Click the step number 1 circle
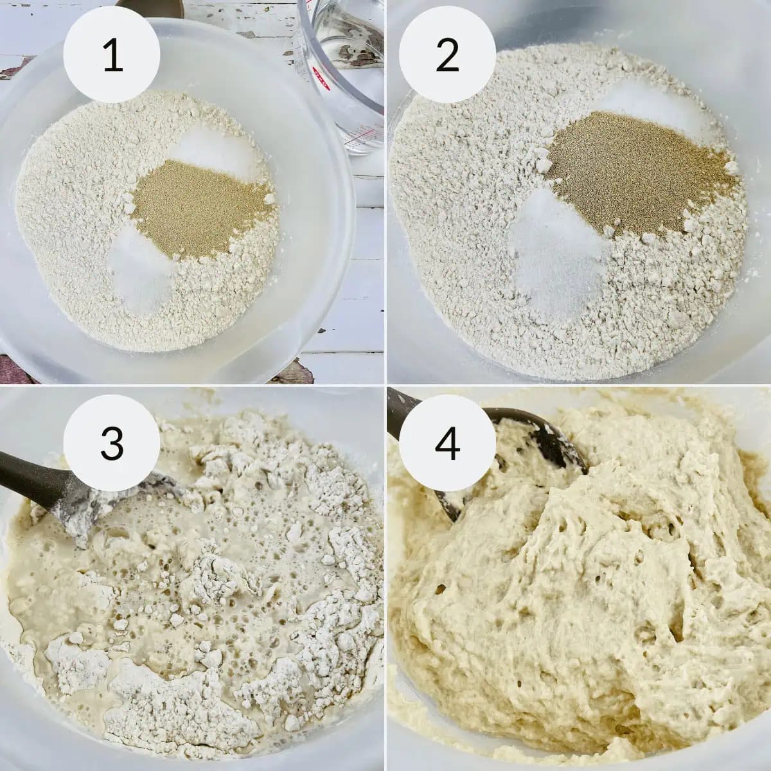[x=112, y=54]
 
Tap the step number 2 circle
[x=447, y=54]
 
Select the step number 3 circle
[x=112, y=443]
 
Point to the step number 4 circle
[x=447, y=443]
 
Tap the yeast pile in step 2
[x=636, y=172]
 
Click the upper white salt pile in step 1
[x=214, y=150]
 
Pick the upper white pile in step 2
[x=656, y=106]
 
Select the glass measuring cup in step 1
[x=340, y=76]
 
